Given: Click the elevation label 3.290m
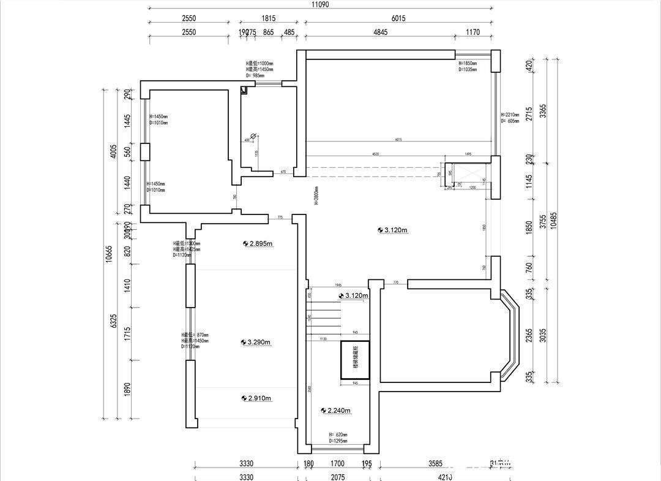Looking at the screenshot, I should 259,342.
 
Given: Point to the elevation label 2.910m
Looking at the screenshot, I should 259,398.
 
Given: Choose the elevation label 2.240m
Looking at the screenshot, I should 338,411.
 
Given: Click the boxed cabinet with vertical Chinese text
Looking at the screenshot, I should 355,359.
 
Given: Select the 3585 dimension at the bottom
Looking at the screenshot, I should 435,464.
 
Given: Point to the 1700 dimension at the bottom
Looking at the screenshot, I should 338,464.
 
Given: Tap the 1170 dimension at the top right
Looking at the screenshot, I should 473,32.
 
